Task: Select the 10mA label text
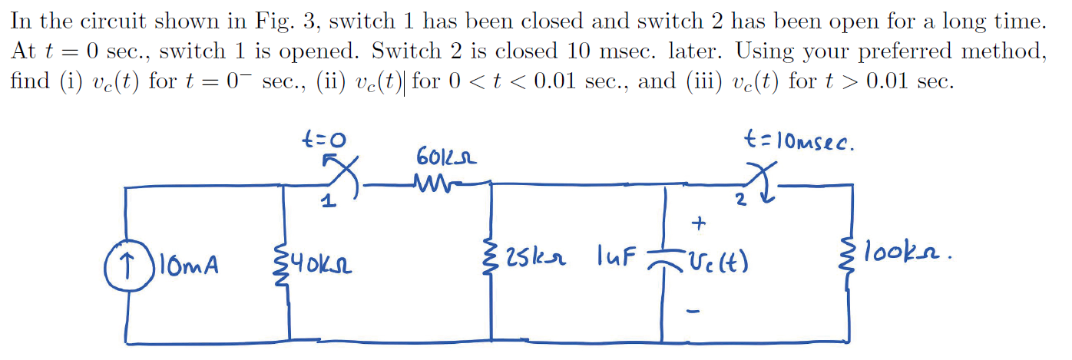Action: pos(187,266)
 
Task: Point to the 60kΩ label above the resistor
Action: pos(446,157)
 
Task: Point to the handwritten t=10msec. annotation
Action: pos(799,143)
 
